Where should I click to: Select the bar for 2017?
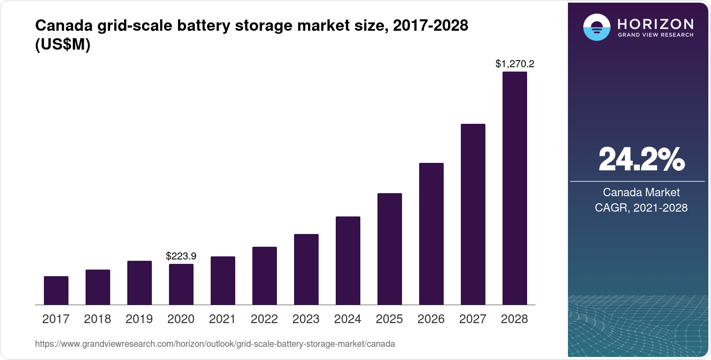(x=56, y=290)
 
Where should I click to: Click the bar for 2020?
(x=181, y=284)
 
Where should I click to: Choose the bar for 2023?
(x=306, y=269)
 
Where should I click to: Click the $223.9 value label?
(x=181, y=256)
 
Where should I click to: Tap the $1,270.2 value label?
(x=514, y=64)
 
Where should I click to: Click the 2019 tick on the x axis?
(x=139, y=319)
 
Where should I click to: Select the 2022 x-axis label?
(x=264, y=319)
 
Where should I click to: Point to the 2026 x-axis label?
(x=431, y=319)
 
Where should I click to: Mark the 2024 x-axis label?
(x=348, y=319)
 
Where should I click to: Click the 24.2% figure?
(x=641, y=159)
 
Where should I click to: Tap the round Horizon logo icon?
(x=596, y=27)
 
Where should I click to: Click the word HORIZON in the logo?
(x=655, y=24)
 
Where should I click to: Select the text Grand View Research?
(x=655, y=35)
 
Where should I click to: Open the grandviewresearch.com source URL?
(x=215, y=344)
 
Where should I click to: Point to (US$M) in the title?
(x=63, y=44)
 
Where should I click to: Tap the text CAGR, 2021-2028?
(x=641, y=208)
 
